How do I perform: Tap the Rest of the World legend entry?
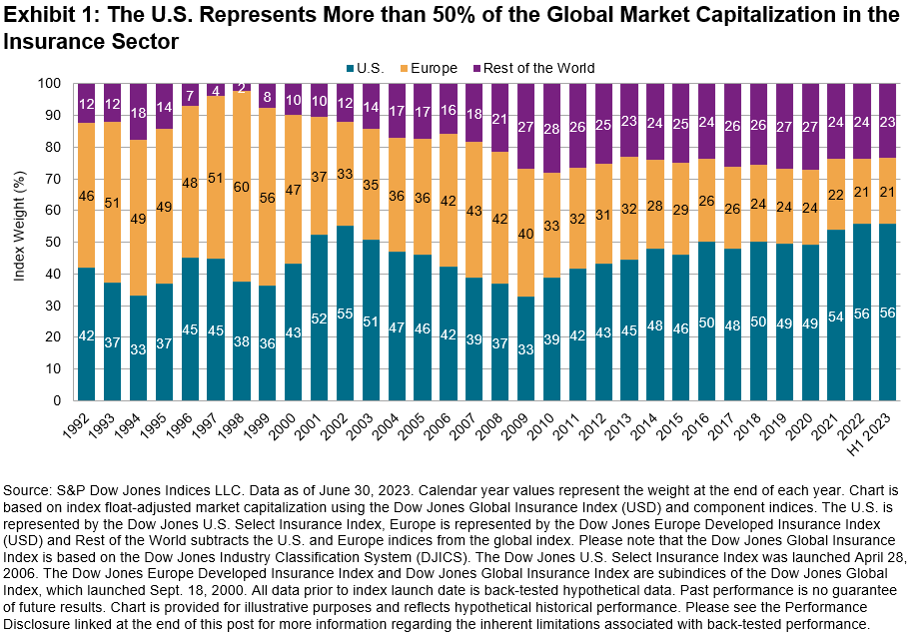[x=538, y=68]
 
